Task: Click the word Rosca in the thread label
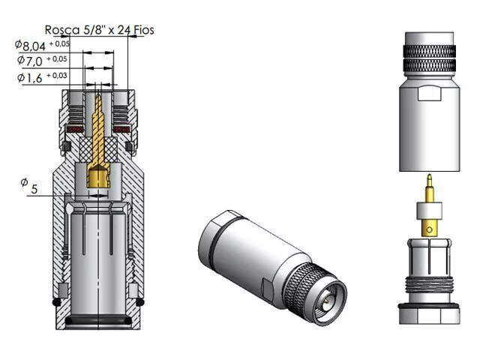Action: click(x=62, y=30)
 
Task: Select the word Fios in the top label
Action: click(x=144, y=30)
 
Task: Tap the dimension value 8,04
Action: click(x=34, y=46)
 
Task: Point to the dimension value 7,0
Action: click(x=34, y=61)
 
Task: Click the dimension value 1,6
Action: click(x=34, y=78)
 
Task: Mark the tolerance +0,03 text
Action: click(x=57, y=75)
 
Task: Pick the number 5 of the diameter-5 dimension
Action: click(x=34, y=189)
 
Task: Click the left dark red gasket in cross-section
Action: click(x=75, y=130)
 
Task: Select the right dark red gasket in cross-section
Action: click(x=121, y=130)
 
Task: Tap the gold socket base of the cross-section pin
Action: click(x=98, y=178)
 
